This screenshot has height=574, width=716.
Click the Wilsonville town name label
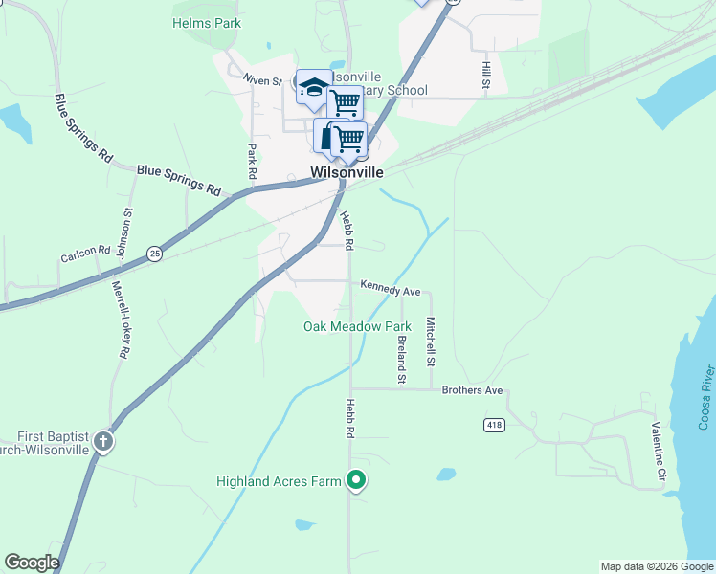point(347,173)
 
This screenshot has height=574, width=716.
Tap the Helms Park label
point(207,23)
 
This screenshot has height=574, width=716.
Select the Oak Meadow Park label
point(357,326)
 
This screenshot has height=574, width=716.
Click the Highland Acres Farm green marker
point(356,480)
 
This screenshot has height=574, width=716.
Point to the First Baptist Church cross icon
point(103,442)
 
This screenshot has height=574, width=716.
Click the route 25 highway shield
point(154,254)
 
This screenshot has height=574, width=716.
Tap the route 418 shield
point(493,424)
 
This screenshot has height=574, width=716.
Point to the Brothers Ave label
point(472,390)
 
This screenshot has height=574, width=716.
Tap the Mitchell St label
point(431,342)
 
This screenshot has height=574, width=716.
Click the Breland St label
point(402,359)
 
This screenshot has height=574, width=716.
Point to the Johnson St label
point(123,234)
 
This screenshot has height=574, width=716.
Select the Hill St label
point(486,77)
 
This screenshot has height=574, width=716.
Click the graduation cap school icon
point(312,89)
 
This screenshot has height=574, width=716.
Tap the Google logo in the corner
point(32,563)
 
